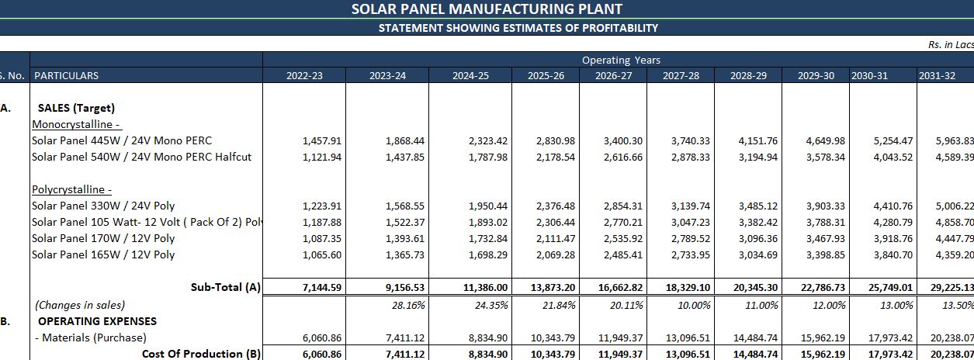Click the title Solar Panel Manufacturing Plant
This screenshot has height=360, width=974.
click(x=487, y=9)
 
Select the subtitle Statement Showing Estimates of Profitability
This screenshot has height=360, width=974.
click(x=518, y=28)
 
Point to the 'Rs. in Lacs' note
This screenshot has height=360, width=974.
click(x=950, y=45)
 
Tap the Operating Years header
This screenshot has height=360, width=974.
click(x=621, y=60)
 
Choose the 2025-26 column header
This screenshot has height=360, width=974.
click(x=546, y=76)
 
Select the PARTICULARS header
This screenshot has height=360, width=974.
click(x=67, y=76)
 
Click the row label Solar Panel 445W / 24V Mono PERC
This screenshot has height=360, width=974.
click(x=122, y=140)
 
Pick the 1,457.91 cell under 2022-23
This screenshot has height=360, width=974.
click(x=322, y=140)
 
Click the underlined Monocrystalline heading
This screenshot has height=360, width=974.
click(x=77, y=124)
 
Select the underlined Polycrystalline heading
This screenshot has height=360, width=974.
click(x=72, y=189)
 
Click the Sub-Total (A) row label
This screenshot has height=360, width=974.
click(x=225, y=287)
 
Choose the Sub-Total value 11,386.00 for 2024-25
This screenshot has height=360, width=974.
click(x=487, y=287)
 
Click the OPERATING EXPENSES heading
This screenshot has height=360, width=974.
click(x=97, y=321)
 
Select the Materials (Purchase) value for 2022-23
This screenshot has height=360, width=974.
click(x=322, y=337)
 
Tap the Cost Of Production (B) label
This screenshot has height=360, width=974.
click(x=201, y=354)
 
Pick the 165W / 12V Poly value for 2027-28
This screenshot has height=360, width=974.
click(x=690, y=254)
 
